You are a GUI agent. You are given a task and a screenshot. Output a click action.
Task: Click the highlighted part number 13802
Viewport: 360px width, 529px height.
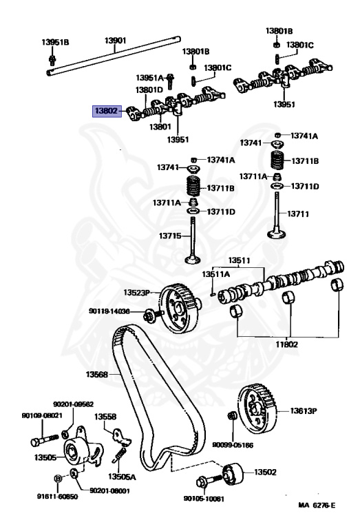(x=107, y=110)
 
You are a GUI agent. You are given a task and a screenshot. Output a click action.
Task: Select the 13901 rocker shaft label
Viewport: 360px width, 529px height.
(x=115, y=41)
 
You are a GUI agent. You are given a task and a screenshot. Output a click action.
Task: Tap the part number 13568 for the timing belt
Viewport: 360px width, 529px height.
(x=98, y=375)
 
